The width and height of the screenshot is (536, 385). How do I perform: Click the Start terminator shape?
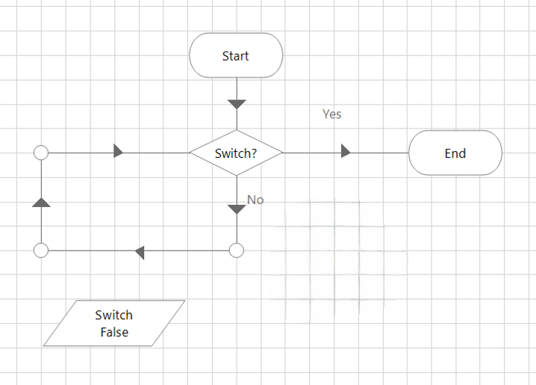click(236, 55)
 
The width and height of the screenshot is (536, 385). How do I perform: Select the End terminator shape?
click(455, 153)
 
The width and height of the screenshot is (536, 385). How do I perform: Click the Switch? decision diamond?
click(236, 153)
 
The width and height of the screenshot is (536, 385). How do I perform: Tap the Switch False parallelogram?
click(114, 324)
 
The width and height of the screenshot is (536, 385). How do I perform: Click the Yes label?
click(331, 114)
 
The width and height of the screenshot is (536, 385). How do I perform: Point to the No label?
click(255, 200)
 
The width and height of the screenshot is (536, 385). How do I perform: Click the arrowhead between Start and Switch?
click(237, 104)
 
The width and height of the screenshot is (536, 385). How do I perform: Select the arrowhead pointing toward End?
click(345, 152)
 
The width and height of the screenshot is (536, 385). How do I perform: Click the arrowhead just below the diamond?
click(237, 209)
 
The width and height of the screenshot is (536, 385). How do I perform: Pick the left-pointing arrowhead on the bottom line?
click(140, 252)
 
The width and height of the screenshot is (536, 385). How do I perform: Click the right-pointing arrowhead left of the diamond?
click(118, 152)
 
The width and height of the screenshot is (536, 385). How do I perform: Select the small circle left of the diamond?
click(42, 153)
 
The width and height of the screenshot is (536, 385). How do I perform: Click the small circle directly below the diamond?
click(237, 250)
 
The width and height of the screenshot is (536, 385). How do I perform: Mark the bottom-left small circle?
click(42, 250)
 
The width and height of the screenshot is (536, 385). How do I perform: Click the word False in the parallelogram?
click(114, 332)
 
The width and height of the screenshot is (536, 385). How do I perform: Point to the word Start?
click(236, 56)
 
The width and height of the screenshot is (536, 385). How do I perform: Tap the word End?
click(455, 153)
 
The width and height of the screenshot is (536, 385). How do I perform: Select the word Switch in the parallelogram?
click(114, 315)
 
